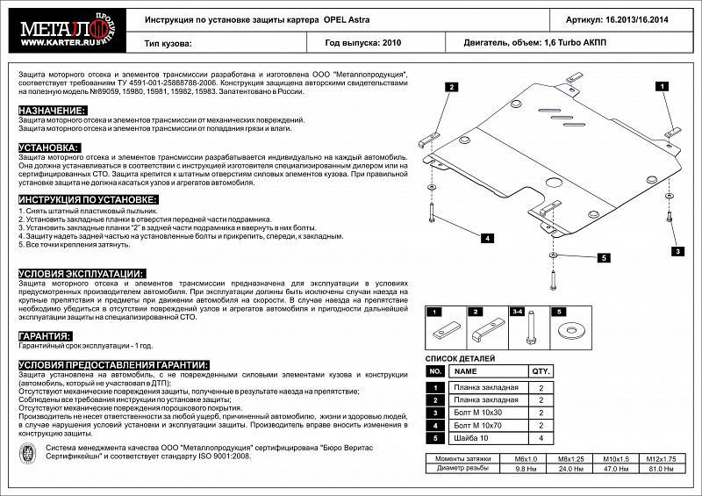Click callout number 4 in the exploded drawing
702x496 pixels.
pyautogui.click(x=486, y=238)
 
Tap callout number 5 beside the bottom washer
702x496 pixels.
pyautogui.click(x=605, y=257)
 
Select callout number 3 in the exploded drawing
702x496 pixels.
pyautogui.click(x=678, y=251)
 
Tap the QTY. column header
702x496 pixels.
pyautogui.click(x=541, y=371)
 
